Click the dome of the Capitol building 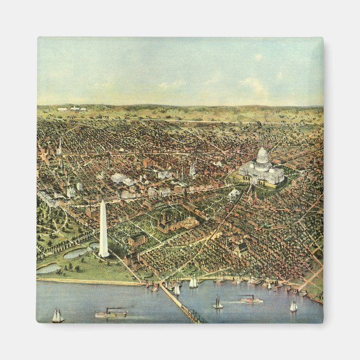[262, 155]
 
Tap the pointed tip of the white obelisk [102, 202]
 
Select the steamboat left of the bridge [110, 314]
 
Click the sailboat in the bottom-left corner [58, 316]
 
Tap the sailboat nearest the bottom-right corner [293, 306]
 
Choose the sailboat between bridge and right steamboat [217, 304]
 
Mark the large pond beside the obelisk [75, 253]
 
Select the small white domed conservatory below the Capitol [234, 194]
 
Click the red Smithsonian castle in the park [178, 222]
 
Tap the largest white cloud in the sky [254, 85]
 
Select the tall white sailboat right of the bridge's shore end [193, 282]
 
